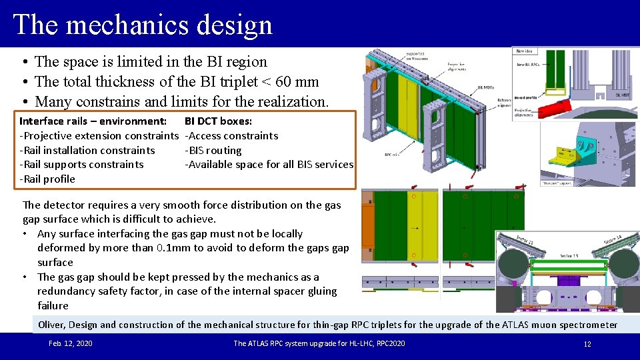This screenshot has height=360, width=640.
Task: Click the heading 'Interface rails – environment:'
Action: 93,121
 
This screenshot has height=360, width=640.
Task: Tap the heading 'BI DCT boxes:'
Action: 218,121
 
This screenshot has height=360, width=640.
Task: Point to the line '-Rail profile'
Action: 47,179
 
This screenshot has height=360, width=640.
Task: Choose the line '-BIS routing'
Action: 213,150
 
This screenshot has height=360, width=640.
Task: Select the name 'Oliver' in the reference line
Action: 51,325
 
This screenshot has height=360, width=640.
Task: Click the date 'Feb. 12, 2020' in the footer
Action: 71,343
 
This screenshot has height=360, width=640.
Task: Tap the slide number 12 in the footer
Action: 587,344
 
